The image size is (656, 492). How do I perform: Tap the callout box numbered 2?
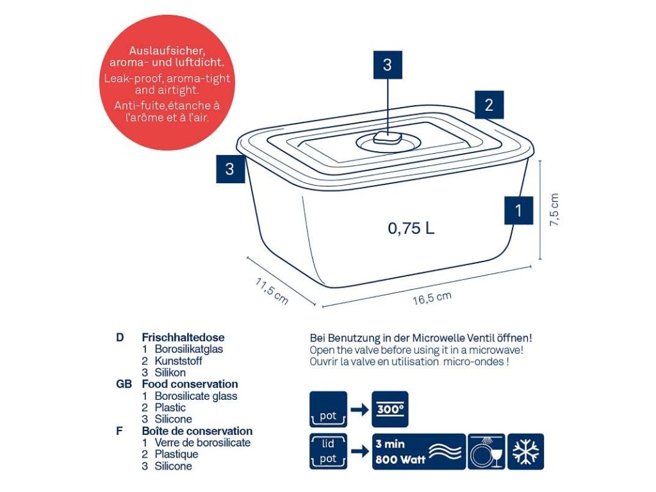tap(489, 105)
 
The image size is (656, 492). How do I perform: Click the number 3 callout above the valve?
tap(387, 64)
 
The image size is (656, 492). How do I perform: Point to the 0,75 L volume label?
tap(411, 227)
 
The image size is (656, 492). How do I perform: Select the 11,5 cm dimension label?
tap(272, 290)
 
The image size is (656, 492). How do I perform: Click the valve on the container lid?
tap(387, 138)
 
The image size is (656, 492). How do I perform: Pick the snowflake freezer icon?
tap(526, 452)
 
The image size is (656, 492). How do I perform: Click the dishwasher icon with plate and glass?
tap(486, 452)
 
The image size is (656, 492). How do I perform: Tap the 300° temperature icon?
tap(389, 409)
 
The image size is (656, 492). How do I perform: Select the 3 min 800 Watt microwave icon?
tap(417, 452)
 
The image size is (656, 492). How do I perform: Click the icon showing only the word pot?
tap(328, 409)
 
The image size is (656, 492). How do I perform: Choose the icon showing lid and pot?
tap(328, 452)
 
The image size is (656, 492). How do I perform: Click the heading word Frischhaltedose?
tap(183, 337)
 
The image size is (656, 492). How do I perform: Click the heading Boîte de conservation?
tap(197, 431)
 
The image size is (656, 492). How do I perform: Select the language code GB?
tap(124, 384)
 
